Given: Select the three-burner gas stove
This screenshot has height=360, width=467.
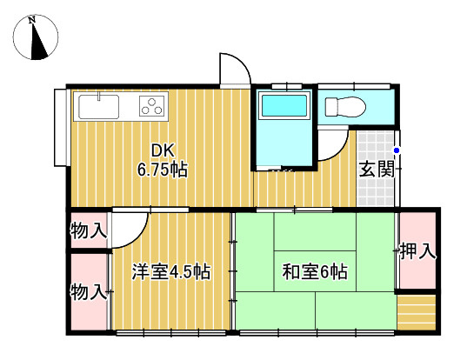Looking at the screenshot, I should [x=152, y=107].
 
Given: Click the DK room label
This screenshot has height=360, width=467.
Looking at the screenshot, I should [x=162, y=149].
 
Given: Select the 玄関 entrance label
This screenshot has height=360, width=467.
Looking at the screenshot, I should [x=377, y=170].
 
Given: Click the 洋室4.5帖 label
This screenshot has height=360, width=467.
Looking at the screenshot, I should [x=170, y=271].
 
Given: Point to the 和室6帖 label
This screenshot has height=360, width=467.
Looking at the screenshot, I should [x=314, y=272].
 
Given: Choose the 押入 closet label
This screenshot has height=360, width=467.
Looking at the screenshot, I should [x=417, y=252].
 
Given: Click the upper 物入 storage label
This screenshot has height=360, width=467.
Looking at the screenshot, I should [x=89, y=231].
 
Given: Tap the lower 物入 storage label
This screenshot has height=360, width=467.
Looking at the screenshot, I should [x=89, y=291].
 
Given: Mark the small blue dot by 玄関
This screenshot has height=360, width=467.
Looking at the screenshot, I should [x=397, y=150].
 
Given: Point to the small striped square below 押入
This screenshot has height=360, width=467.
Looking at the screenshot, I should [x=416, y=310].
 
